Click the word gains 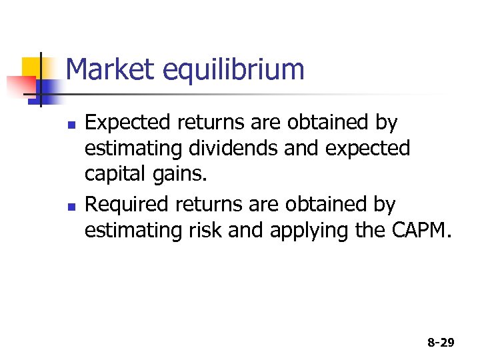pos(180,175)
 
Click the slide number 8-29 pos(440,343)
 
